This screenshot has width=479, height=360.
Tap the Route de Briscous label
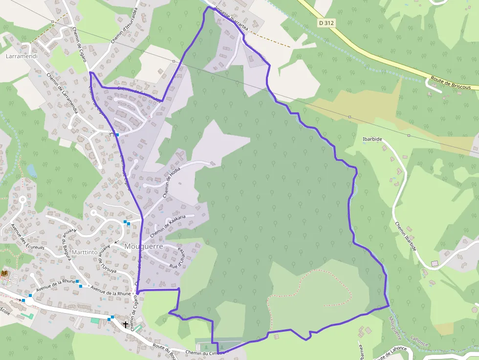(x=450, y=84)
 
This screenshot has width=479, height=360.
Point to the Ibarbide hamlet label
(x=372, y=139)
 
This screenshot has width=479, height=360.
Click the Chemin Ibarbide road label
(x=406, y=237)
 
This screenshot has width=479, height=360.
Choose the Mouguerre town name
(x=144, y=246)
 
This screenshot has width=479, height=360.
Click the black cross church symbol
(x=126, y=324)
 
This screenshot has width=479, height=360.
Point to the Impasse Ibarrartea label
(x=232, y=20)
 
